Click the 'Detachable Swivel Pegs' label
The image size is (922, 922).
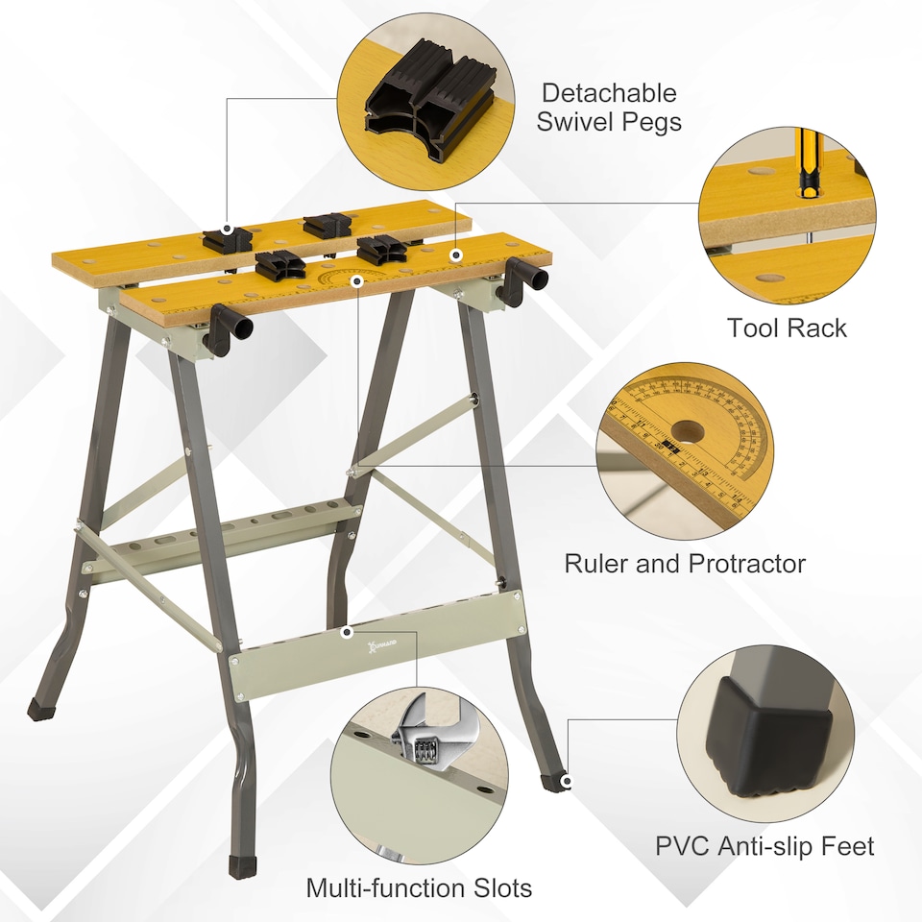point(608,107)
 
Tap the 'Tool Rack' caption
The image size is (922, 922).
point(787,328)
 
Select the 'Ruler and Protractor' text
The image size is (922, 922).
point(684,563)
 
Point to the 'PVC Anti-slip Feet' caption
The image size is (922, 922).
point(764,845)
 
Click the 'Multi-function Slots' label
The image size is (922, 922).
point(419,887)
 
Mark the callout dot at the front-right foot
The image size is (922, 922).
point(567,782)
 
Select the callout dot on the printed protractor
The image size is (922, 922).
point(358,280)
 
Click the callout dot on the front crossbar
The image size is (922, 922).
point(346,632)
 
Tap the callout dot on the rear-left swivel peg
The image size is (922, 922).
point(228,230)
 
